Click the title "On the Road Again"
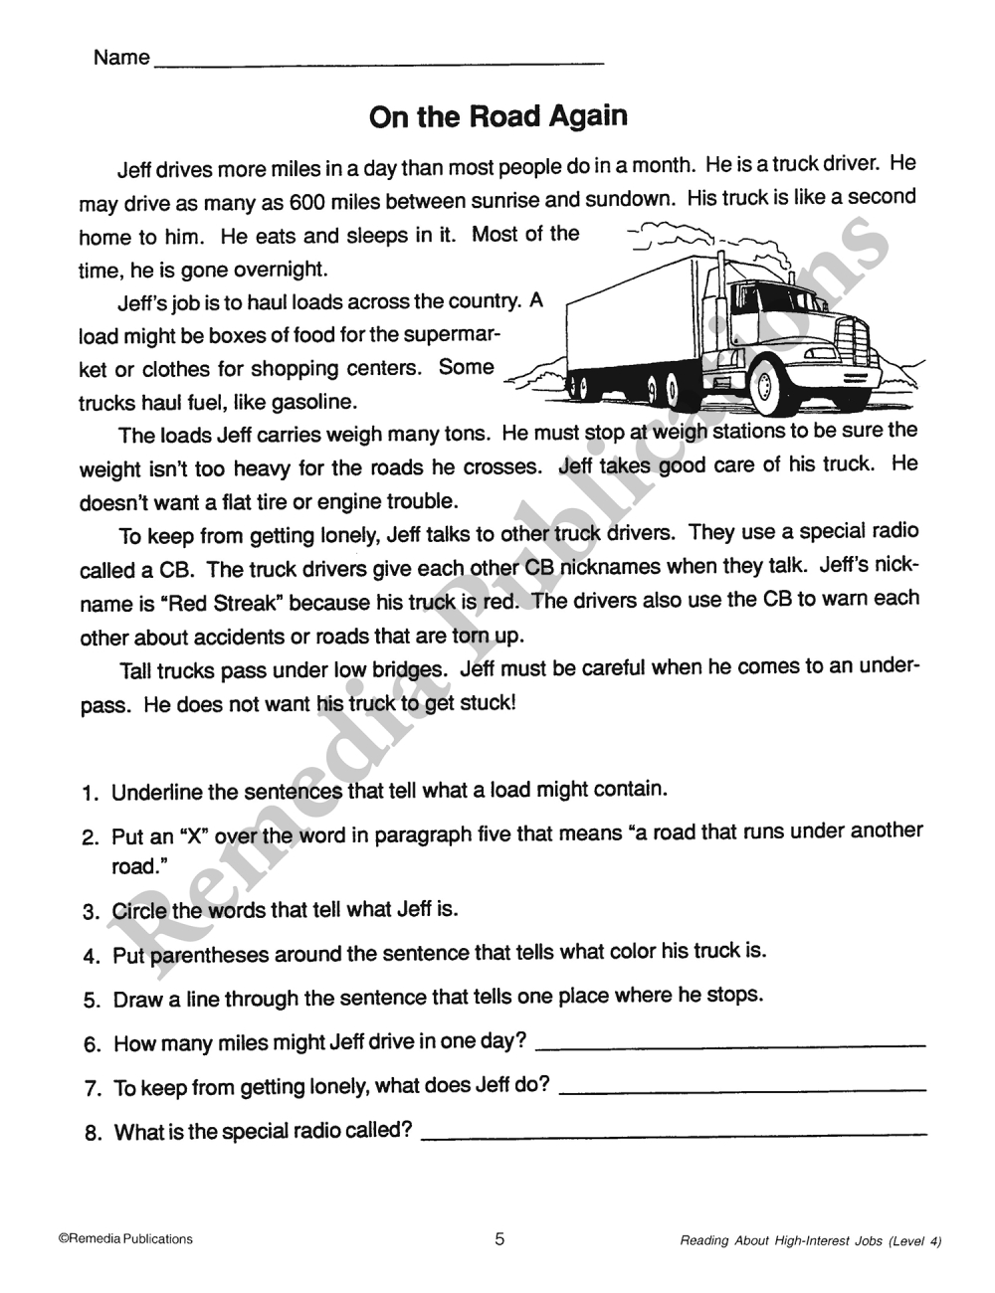click(497, 116)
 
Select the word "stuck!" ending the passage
click(488, 704)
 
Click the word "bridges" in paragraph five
click(415, 670)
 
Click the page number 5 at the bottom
click(499, 1239)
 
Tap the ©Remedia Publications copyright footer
click(125, 1239)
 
